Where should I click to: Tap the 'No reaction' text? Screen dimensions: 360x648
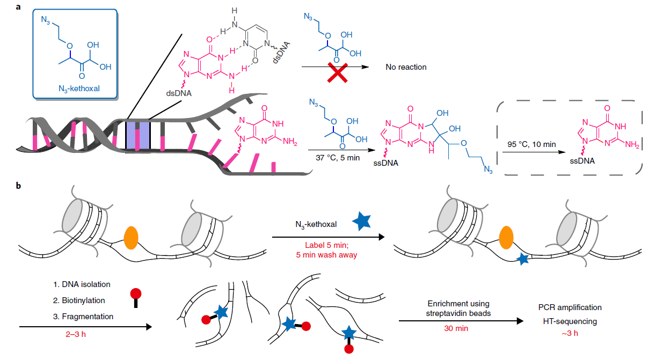(x=405, y=68)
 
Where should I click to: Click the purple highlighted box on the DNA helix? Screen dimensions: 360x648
(x=137, y=136)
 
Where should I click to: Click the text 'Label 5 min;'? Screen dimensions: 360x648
(x=326, y=245)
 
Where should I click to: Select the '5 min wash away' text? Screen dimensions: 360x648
(x=326, y=255)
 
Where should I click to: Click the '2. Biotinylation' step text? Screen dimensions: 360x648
(x=78, y=300)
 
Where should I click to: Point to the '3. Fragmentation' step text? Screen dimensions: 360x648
(x=79, y=317)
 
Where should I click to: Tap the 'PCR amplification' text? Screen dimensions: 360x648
(x=570, y=307)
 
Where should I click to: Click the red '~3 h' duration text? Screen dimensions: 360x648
(x=570, y=333)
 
